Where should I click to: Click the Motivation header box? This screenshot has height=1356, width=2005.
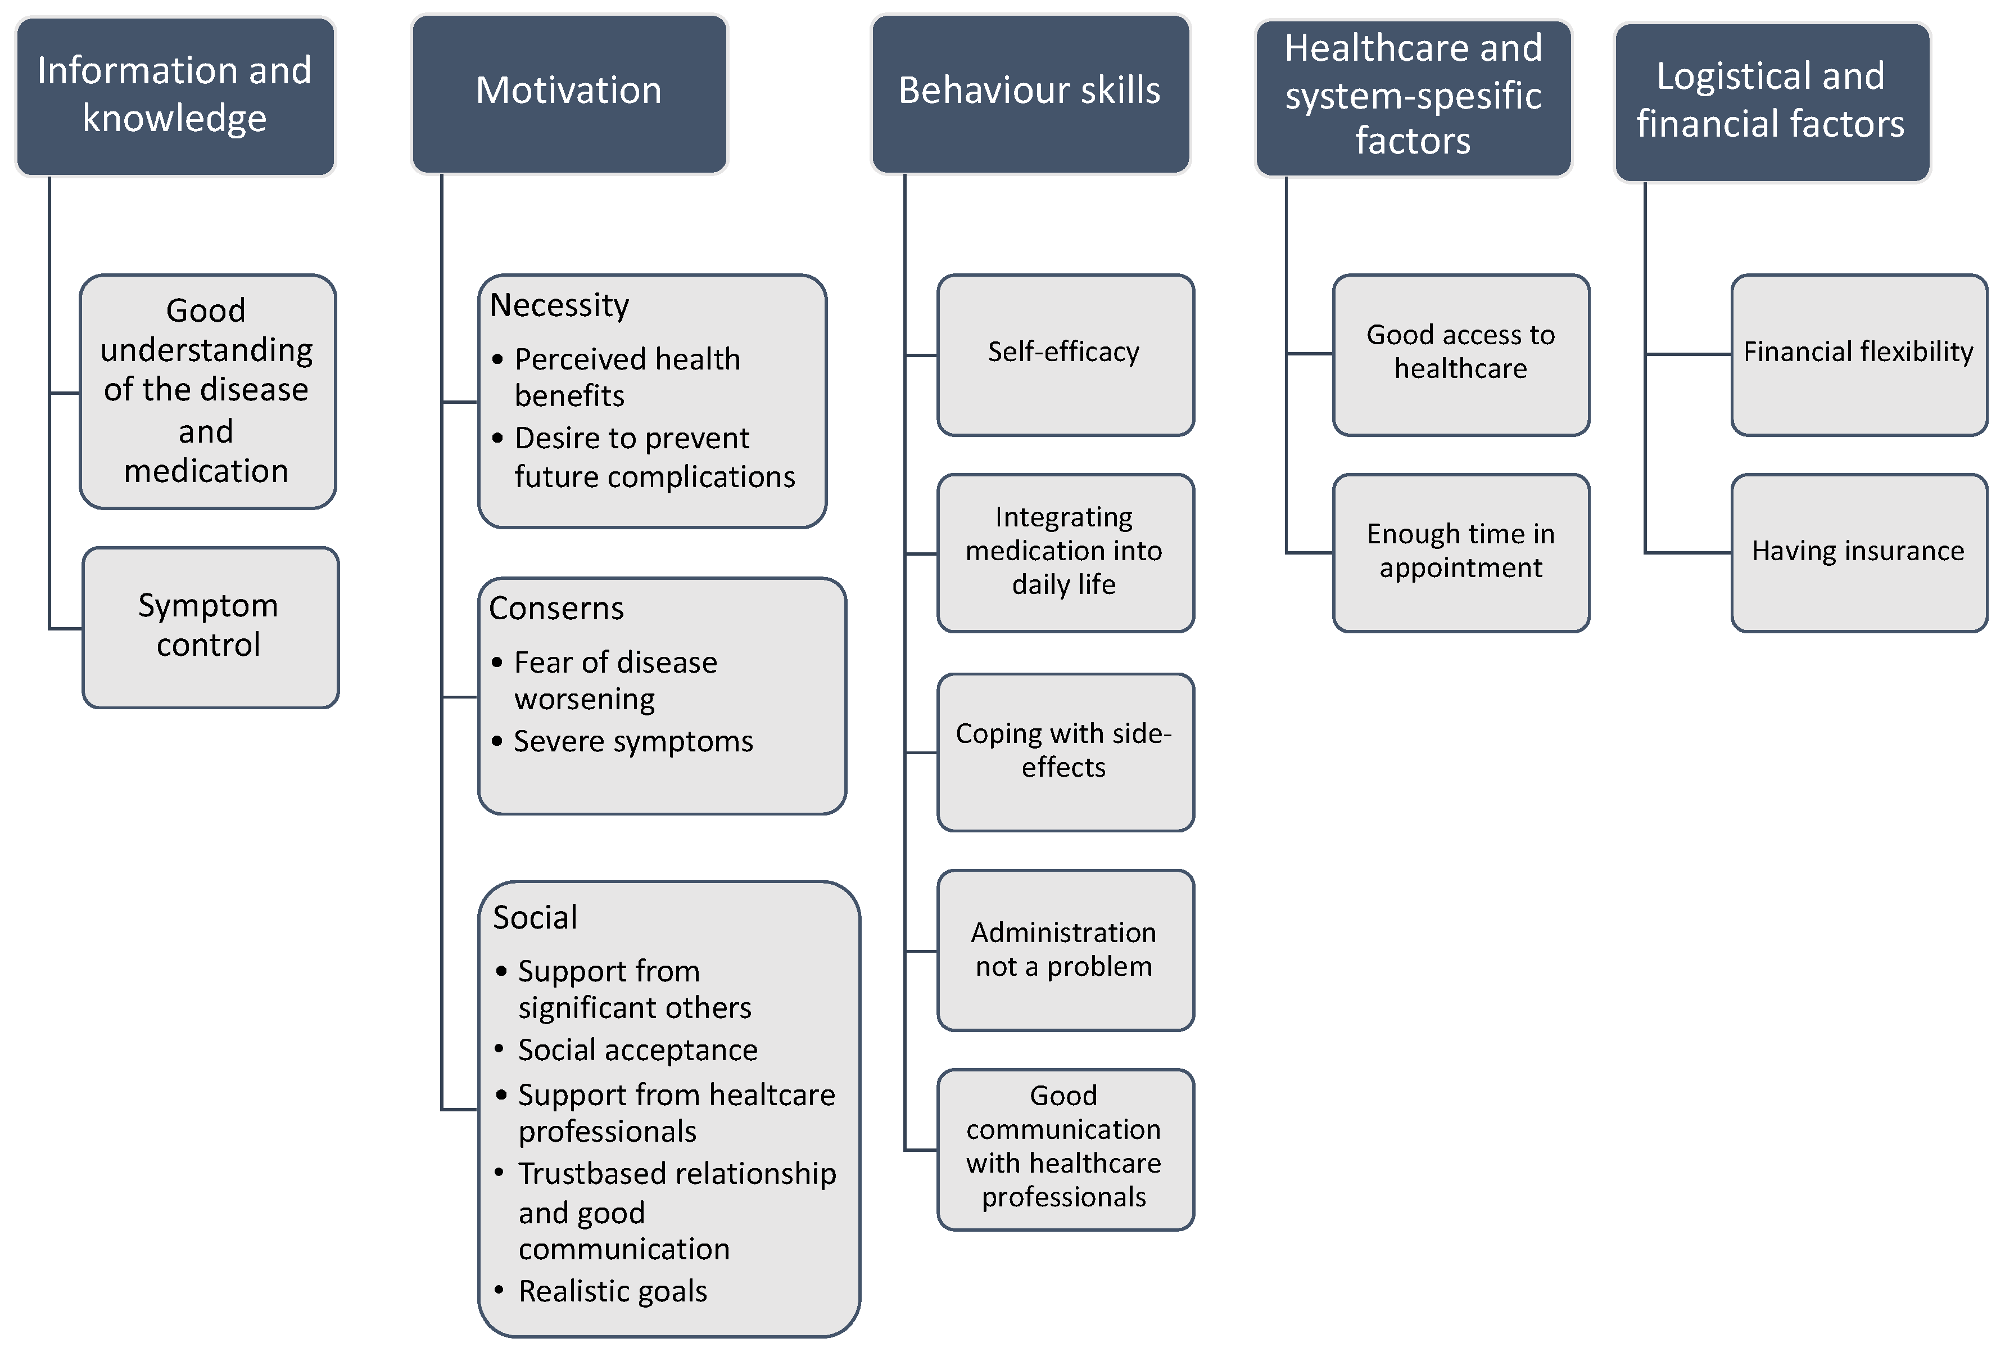click(569, 93)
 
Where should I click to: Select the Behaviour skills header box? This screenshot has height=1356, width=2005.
click(1030, 93)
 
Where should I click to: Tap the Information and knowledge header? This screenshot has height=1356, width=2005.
click(175, 95)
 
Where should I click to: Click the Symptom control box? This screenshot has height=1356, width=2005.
click(210, 627)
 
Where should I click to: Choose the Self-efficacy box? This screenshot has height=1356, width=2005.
click(1065, 354)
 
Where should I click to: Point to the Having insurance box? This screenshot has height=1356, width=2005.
click(1858, 552)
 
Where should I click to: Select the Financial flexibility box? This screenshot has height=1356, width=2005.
click(1858, 354)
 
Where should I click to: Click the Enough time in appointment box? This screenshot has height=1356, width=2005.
click(1461, 552)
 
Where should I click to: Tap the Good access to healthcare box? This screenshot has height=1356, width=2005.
click(1461, 354)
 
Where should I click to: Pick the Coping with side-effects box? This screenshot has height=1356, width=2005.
click(1065, 751)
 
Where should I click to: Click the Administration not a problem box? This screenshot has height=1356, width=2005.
click(1065, 949)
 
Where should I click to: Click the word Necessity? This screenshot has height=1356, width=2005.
click(559, 305)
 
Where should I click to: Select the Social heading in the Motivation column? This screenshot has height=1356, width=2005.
click(535, 917)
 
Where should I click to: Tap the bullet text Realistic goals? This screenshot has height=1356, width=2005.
click(613, 1291)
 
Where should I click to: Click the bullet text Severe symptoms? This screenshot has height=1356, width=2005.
click(633, 741)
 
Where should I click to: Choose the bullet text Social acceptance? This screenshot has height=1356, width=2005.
click(637, 1051)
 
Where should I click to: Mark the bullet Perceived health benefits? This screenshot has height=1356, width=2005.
click(627, 377)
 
